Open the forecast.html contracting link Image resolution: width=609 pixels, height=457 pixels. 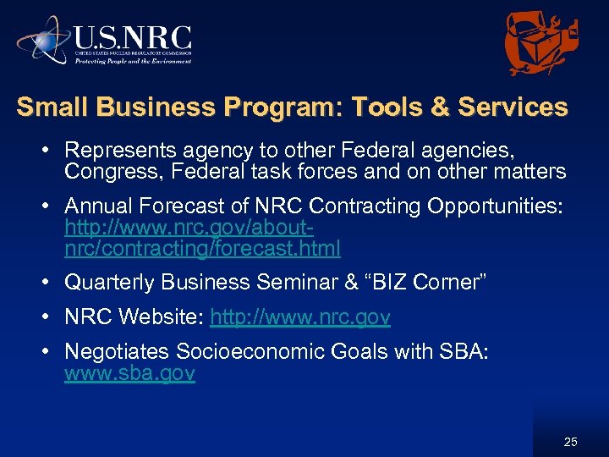point(202,248)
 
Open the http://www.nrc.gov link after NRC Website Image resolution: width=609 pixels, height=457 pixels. point(300,317)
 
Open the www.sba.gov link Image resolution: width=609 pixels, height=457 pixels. point(129,373)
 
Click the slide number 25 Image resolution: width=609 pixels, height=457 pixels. point(571,441)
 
